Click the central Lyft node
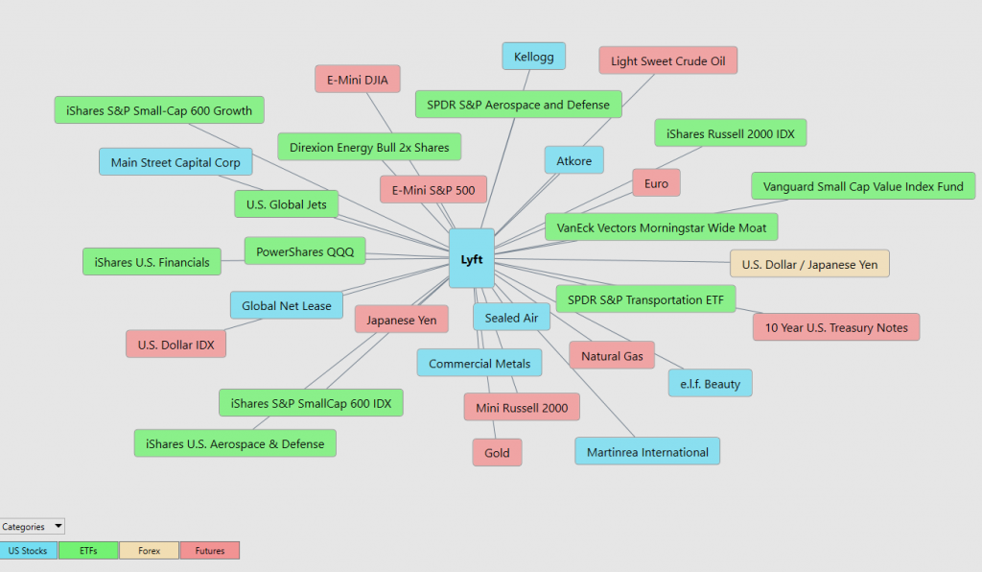[x=472, y=259]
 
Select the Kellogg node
[x=533, y=57]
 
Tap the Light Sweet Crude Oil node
[x=667, y=60]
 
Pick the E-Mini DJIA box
[x=358, y=80]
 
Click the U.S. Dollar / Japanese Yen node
[x=809, y=264]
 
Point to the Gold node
[x=498, y=452]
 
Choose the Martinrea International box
[x=647, y=452]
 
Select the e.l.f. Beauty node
[x=711, y=384]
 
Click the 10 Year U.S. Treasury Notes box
[x=836, y=327]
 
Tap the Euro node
[x=656, y=183]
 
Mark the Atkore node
[x=574, y=160]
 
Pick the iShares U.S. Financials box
[x=152, y=262]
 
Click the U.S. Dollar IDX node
[x=176, y=344]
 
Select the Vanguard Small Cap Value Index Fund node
[x=863, y=186]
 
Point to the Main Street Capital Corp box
[x=175, y=161]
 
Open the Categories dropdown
[x=32, y=526]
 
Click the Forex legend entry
[x=149, y=551]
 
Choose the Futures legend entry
[x=210, y=551]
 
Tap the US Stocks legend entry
[x=28, y=551]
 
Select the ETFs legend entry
[x=88, y=551]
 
